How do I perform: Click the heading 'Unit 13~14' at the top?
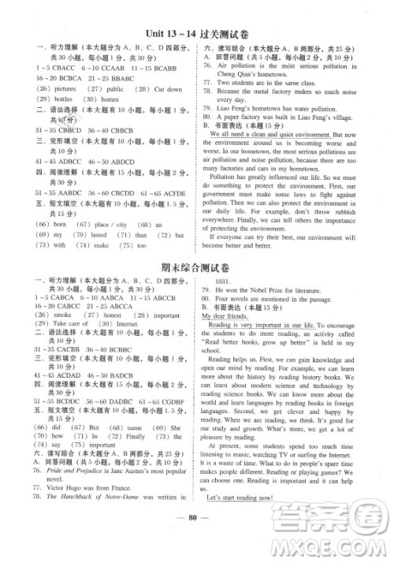(169, 33)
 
